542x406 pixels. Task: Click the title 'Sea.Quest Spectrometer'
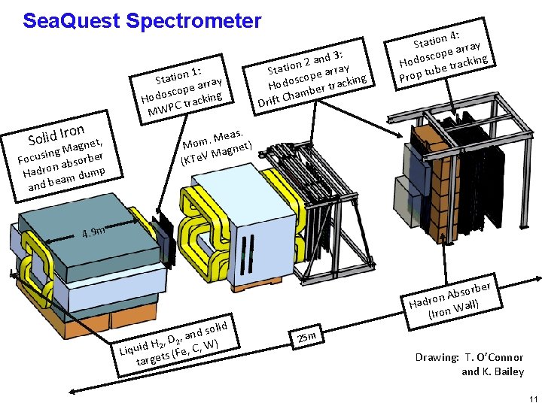click(x=142, y=20)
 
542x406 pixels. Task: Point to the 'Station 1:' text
click(x=177, y=74)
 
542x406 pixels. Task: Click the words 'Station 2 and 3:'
click(x=307, y=59)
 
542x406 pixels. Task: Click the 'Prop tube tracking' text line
click(x=444, y=68)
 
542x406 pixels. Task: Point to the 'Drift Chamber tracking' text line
click(x=312, y=91)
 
